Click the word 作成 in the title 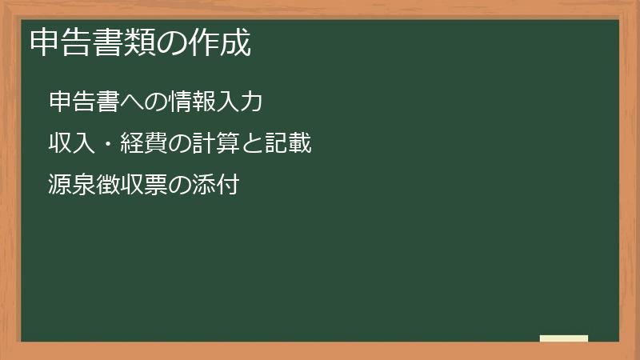click(x=221, y=42)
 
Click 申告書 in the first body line click(x=82, y=102)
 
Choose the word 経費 click(x=142, y=145)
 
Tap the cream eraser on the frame click(x=564, y=338)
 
